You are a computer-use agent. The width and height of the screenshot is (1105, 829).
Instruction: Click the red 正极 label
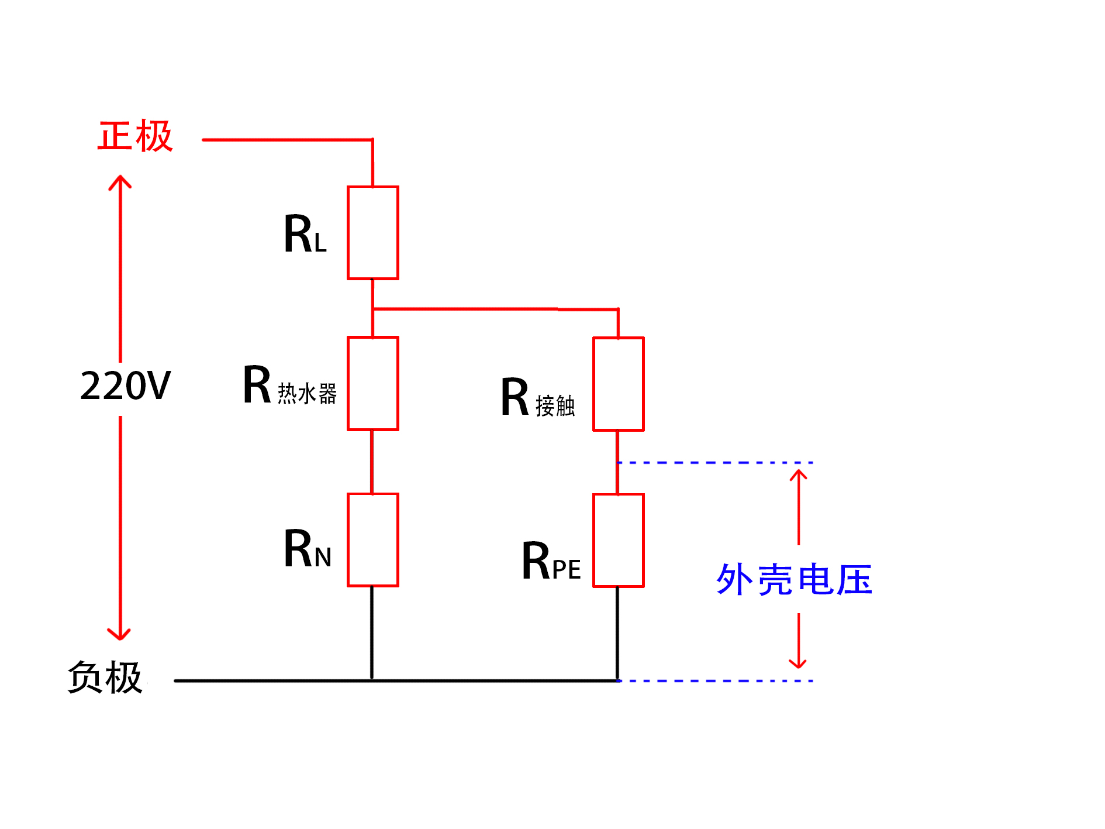click(135, 136)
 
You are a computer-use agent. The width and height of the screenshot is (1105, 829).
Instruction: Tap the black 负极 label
click(105, 677)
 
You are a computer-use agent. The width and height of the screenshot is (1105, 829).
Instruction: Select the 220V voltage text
click(125, 386)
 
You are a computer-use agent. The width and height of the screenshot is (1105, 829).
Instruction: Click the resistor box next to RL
click(372, 233)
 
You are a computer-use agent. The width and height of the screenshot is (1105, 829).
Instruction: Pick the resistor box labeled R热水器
click(372, 383)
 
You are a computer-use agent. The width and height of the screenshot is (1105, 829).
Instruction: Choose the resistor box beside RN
click(372, 539)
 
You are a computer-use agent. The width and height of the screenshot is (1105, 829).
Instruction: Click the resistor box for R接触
click(618, 384)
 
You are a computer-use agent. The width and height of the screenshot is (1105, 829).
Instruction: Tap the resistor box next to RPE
click(618, 540)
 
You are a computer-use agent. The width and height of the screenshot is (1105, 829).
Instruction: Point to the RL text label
click(305, 234)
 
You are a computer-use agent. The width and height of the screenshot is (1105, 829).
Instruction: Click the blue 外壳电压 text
click(794, 580)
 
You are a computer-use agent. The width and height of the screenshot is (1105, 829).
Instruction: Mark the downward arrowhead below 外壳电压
click(798, 663)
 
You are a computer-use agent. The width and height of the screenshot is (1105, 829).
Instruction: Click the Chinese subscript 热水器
click(307, 394)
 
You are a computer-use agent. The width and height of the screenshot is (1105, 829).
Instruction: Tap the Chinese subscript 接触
click(555, 406)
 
